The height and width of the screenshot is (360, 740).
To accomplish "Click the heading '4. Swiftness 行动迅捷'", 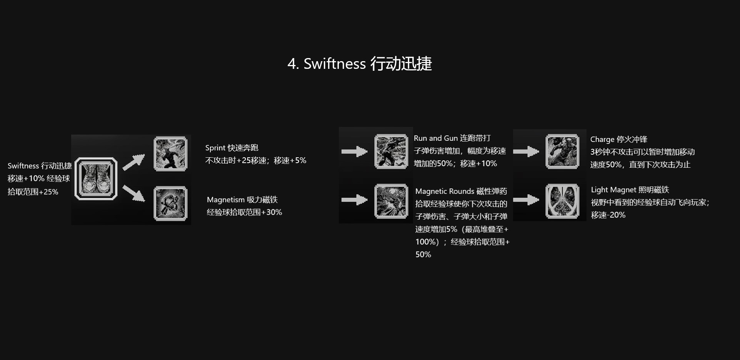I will click(x=360, y=64).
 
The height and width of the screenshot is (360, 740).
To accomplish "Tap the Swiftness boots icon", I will click(x=96, y=179).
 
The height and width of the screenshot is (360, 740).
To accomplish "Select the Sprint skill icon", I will click(x=170, y=154).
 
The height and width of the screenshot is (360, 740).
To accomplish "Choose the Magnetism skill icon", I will click(x=170, y=203).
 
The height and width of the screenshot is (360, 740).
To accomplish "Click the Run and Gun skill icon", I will click(x=391, y=152).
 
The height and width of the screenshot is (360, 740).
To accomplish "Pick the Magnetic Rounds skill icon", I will click(x=391, y=201).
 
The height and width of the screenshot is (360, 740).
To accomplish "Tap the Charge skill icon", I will click(x=562, y=152).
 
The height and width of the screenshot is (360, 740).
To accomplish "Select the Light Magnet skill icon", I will click(x=562, y=201).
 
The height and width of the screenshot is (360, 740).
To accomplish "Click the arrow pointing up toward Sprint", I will click(x=133, y=162).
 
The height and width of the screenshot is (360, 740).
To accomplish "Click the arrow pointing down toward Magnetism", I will click(x=133, y=193).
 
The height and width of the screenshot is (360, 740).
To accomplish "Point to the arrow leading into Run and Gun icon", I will click(x=354, y=152).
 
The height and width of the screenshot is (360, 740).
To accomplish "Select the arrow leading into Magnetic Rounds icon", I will click(x=354, y=200).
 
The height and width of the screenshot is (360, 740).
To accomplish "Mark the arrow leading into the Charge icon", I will click(x=526, y=152).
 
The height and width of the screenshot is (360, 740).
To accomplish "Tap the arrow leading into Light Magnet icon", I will click(x=526, y=200).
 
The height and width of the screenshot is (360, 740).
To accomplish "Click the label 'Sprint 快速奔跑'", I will click(x=232, y=148).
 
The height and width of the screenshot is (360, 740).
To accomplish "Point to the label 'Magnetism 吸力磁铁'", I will click(x=242, y=200).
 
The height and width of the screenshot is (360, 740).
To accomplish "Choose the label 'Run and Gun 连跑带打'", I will click(x=452, y=138).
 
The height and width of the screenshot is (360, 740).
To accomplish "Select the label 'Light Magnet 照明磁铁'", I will click(x=630, y=190).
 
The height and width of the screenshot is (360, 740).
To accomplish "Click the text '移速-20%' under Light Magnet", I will click(x=608, y=215).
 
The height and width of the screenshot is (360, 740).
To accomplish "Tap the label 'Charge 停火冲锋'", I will click(x=618, y=139).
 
